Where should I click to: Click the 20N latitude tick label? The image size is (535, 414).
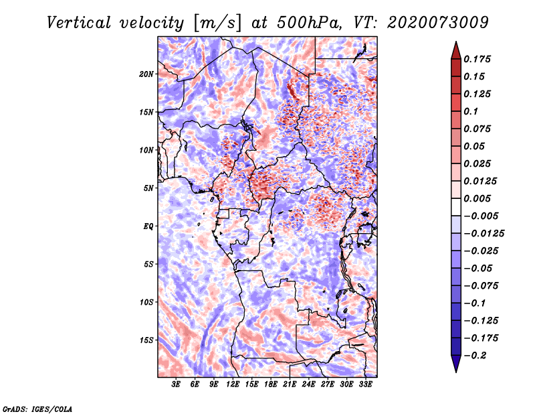[x=146, y=74]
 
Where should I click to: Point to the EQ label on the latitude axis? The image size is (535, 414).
[x=148, y=226]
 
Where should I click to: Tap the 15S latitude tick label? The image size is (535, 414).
[x=146, y=340]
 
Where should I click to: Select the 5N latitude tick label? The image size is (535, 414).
[x=148, y=188]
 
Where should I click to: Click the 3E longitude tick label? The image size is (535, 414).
[x=177, y=385]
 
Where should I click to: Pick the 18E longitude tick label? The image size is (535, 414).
[x=271, y=385]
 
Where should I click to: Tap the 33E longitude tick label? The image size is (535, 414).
[x=365, y=385]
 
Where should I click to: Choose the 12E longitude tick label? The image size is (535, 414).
[x=233, y=385]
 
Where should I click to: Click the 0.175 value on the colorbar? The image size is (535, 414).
[x=479, y=59]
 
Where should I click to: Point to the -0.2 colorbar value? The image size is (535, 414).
[x=477, y=356]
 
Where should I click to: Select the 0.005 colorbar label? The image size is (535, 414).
[x=479, y=198]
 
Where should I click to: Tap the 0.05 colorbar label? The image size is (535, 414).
[x=475, y=146]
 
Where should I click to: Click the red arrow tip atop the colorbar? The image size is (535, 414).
[x=455, y=47]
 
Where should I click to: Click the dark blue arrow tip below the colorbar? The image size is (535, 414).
[x=455, y=367]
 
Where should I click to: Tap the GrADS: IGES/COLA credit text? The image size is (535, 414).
[x=37, y=408]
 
